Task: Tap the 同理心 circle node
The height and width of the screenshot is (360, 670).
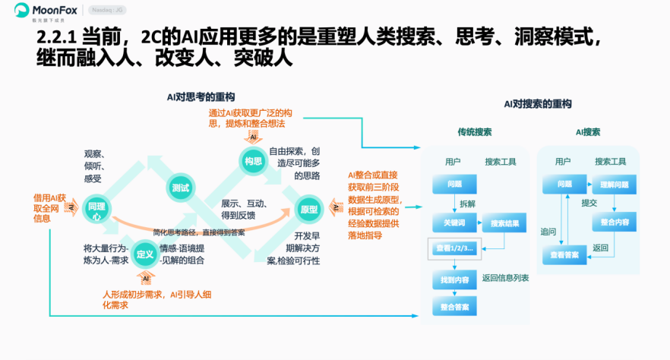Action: coord(96,210)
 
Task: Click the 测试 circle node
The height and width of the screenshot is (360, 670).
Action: coord(180,187)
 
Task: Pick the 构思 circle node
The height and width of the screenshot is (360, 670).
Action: coord(253,160)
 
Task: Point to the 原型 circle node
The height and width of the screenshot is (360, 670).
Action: coord(308,209)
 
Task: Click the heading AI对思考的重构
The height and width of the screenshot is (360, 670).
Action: coord(201,97)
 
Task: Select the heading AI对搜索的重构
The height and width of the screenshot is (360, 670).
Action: coord(537,104)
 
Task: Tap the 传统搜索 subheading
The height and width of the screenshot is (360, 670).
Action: coord(474,131)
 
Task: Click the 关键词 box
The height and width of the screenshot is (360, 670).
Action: coord(454,223)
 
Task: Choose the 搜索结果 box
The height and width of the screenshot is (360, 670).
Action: coord(504,223)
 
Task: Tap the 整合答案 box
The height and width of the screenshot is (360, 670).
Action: coord(454,307)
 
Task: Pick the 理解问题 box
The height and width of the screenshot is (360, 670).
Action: coord(614,185)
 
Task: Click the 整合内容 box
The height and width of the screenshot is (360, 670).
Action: coord(614,222)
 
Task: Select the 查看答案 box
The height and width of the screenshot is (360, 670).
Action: coord(564,256)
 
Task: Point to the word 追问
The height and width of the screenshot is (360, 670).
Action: coord(548,231)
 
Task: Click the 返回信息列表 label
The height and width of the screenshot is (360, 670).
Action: coord(505,278)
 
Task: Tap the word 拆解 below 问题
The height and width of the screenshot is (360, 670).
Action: coord(468,204)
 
